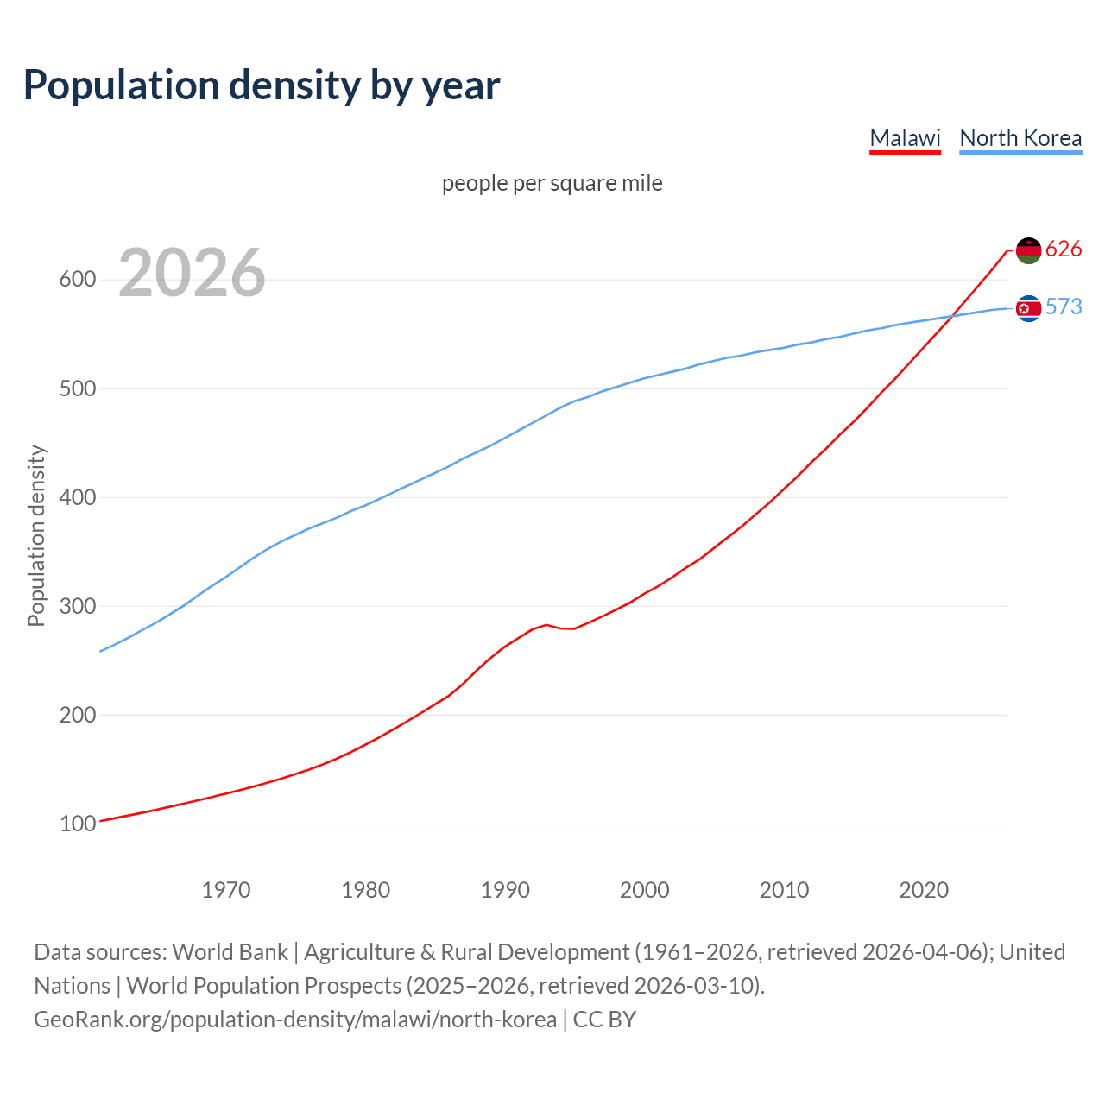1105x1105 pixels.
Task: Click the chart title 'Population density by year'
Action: pyautogui.click(x=262, y=85)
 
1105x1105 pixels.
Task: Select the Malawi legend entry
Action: pyautogui.click(x=905, y=138)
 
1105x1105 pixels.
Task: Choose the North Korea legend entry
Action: pyautogui.click(x=1020, y=138)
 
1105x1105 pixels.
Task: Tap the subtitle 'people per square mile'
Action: pyautogui.click(x=552, y=183)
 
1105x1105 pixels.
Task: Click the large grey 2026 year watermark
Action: pyautogui.click(x=192, y=273)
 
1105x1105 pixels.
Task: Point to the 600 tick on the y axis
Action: pyautogui.click(x=77, y=280)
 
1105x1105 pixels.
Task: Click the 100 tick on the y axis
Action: pyautogui.click(x=77, y=824)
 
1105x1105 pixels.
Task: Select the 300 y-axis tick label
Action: pyautogui.click(x=77, y=606)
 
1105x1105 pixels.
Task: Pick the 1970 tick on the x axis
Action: pyautogui.click(x=226, y=890)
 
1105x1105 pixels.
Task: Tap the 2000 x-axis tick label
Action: pyautogui.click(x=644, y=890)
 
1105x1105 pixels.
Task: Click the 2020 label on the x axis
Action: pyautogui.click(x=924, y=890)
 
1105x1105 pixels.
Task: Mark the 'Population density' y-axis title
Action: pyautogui.click(x=36, y=535)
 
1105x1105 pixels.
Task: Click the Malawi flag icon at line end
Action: pyautogui.click(x=1028, y=250)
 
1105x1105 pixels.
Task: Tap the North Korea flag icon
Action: pyautogui.click(x=1028, y=308)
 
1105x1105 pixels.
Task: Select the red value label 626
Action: pyautogui.click(x=1064, y=249)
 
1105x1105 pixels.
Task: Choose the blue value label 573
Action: pyautogui.click(x=1064, y=307)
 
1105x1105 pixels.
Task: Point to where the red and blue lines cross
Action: pyautogui.click(x=952, y=316)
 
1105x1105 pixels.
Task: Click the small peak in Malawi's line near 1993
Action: pyautogui.click(x=546, y=624)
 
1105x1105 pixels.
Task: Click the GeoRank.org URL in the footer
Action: pyautogui.click(x=295, y=1020)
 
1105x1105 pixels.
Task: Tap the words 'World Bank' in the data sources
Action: pyautogui.click(x=230, y=952)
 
